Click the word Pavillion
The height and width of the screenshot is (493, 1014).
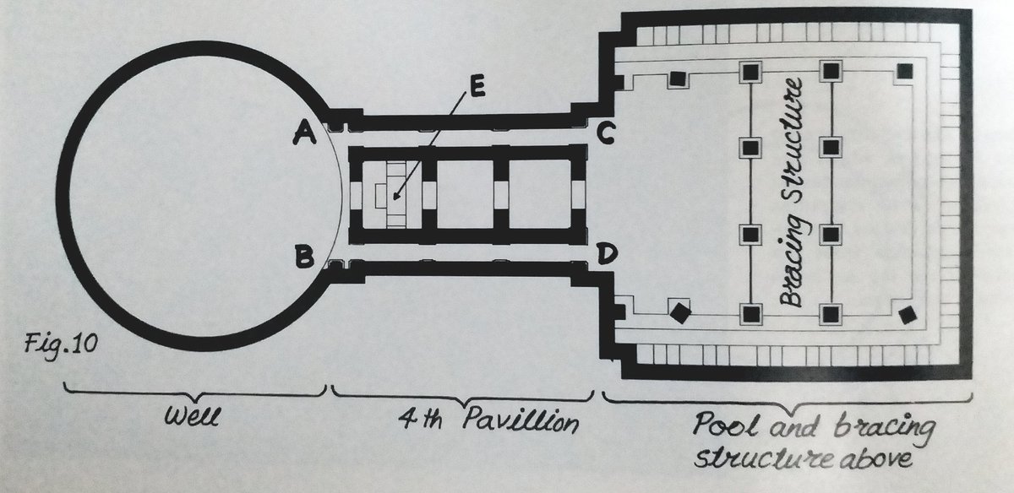tap(512, 420)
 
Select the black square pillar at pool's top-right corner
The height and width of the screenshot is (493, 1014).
tap(906, 71)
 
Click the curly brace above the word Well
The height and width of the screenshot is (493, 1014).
tap(195, 390)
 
